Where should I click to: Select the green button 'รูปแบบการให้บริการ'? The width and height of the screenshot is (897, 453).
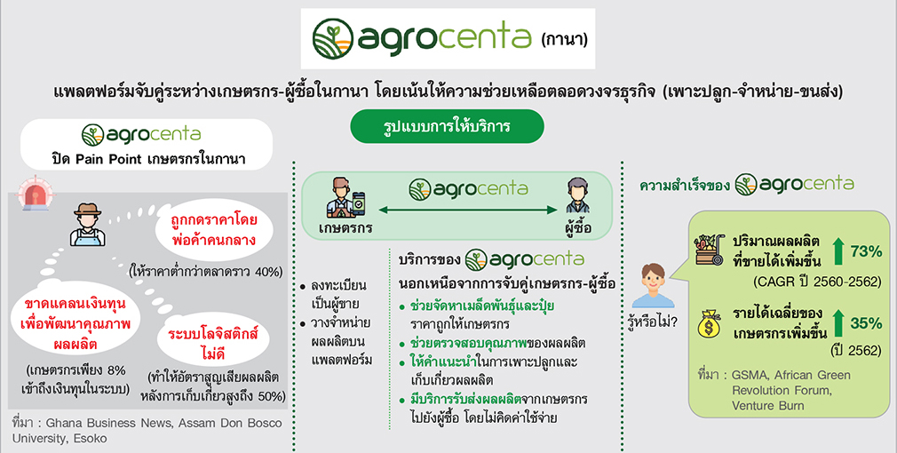click(x=447, y=126)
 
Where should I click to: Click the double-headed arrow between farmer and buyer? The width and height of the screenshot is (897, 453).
click(x=467, y=210)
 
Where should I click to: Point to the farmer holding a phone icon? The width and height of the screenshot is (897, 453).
click(x=345, y=198)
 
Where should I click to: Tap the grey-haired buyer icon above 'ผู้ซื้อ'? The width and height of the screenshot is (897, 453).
click(x=576, y=195)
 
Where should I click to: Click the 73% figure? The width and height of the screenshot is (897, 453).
click(x=866, y=251)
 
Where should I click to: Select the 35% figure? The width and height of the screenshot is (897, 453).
click(x=866, y=323)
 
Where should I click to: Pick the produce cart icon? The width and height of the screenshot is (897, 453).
click(x=710, y=250)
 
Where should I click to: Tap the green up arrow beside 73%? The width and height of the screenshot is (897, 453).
click(x=838, y=251)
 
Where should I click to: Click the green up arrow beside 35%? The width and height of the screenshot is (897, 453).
click(x=838, y=323)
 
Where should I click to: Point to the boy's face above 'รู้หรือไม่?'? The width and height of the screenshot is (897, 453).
click(x=652, y=276)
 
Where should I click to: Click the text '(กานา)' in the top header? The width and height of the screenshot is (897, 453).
click(x=564, y=40)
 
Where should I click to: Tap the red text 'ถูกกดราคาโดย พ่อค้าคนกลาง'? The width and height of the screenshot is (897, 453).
click(x=214, y=230)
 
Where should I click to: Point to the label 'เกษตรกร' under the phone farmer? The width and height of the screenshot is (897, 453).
click(x=345, y=228)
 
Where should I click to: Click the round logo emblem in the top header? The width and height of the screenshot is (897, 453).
click(x=332, y=39)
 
